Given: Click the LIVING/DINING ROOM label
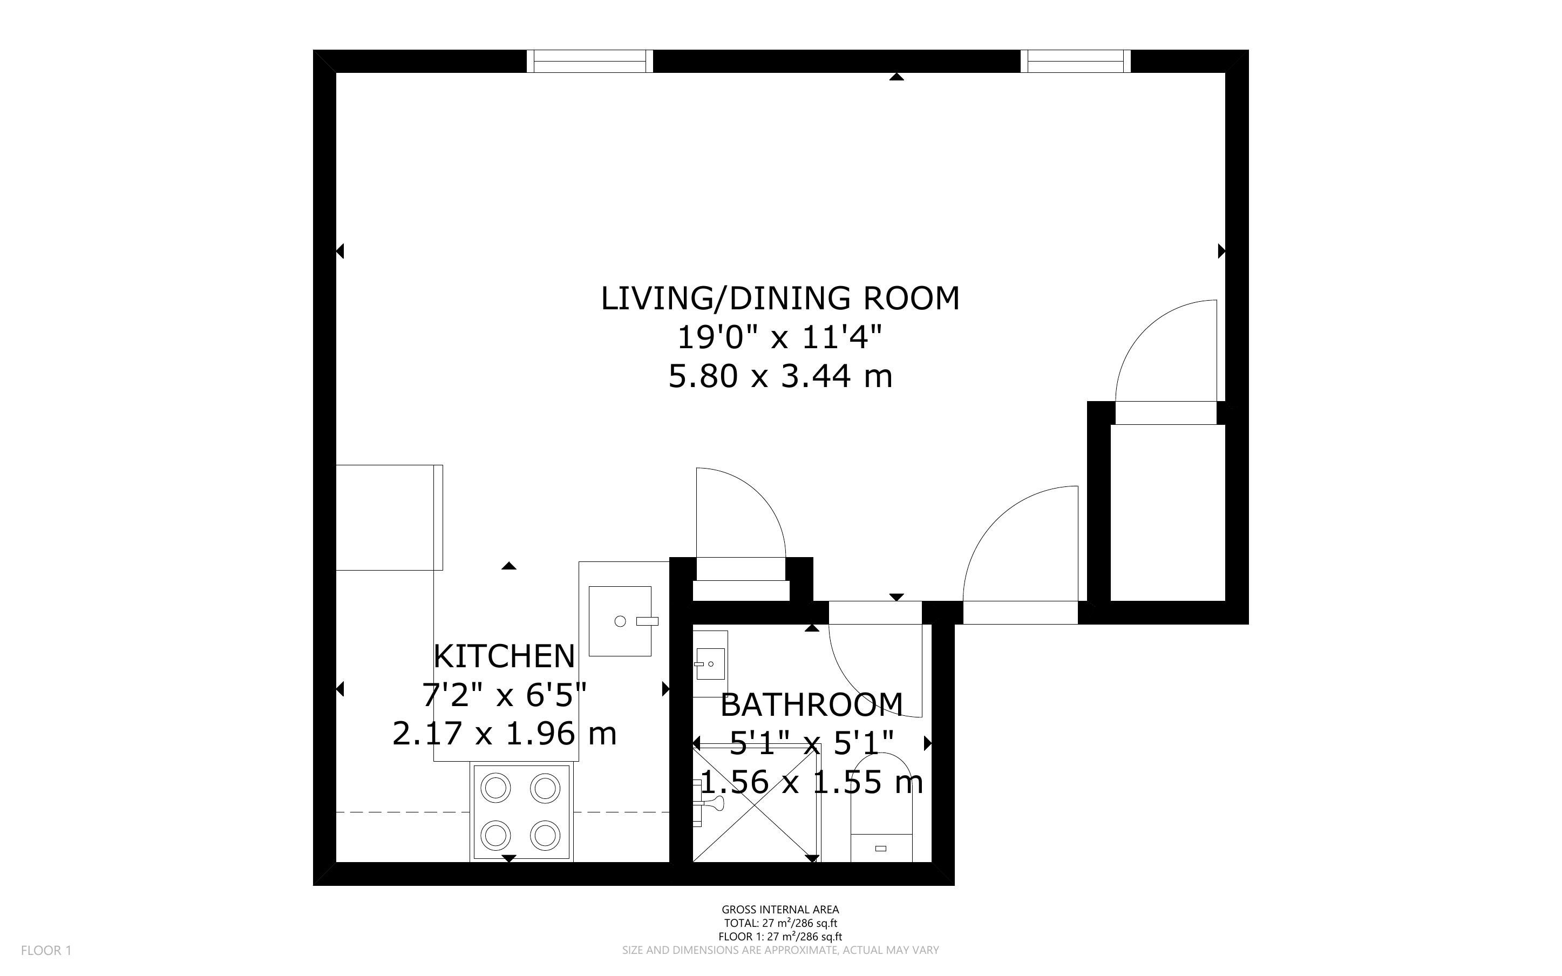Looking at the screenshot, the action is [780, 298].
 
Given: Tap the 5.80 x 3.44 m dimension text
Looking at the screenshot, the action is [780, 376].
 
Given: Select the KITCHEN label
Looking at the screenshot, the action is [504, 656].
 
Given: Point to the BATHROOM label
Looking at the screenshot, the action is [811, 705].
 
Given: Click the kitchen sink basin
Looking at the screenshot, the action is [620, 621].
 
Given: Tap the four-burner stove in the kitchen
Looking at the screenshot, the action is [521, 812].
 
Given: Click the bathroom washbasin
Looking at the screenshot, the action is [710, 655].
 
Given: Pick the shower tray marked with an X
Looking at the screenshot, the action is [756, 803].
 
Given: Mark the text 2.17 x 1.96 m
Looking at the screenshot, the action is [505, 733].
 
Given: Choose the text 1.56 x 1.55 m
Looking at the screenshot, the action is [811, 782].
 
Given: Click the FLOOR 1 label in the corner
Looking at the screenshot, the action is [46, 950].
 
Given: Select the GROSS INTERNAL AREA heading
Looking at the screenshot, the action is [780, 910].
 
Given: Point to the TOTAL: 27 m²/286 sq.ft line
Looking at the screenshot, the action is [780, 923].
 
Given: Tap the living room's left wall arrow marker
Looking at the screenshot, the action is [340, 250].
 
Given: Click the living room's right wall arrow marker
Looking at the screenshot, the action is [1221, 250].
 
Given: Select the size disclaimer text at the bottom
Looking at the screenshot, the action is [780, 950].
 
